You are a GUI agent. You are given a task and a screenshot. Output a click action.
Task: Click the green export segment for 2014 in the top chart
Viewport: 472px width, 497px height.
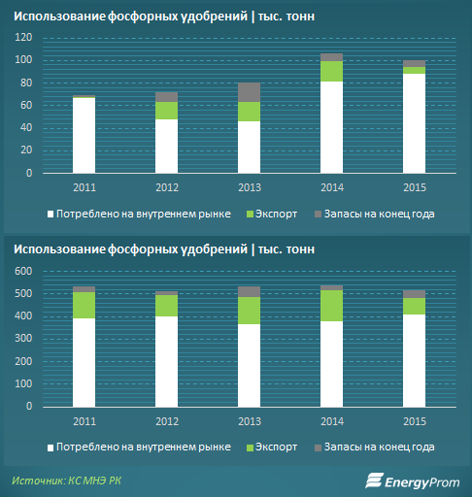click(x=331, y=71)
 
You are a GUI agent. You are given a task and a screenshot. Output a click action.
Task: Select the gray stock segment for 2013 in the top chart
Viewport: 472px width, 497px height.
click(x=249, y=92)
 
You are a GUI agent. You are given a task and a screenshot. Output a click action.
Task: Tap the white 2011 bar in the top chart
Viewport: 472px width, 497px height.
click(x=84, y=135)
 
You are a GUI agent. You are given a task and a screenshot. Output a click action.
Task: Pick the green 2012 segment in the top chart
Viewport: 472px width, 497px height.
click(x=166, y=111)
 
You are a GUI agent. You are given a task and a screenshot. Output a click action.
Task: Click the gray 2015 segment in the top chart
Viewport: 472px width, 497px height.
click(x=414, y=64)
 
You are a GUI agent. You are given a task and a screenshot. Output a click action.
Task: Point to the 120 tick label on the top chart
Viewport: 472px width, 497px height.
click(x=23, y=38)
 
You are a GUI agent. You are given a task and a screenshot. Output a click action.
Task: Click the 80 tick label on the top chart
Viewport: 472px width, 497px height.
click(x=26, y=83)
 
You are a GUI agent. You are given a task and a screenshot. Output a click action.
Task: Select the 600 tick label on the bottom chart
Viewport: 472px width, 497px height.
click(x=23, y=271)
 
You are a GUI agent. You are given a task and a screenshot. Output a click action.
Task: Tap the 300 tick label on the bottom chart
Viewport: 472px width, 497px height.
click(x=23, y=339)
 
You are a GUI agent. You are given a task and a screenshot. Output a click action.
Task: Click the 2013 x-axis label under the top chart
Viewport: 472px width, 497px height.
click(x=250, y=187)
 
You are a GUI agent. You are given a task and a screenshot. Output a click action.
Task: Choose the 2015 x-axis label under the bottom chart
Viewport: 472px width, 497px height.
click(x=415, y=421)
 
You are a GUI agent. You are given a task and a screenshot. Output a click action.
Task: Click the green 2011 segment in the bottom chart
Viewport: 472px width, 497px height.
click(x=84, y=306)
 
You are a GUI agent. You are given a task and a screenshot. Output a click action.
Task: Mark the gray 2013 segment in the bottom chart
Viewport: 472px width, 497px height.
click(x=249, y=292)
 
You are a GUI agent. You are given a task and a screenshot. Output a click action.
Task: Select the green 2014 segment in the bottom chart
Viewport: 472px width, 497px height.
click(x=331, y=306)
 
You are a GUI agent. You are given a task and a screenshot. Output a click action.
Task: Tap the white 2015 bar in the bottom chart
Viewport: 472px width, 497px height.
click(x=414, y=361)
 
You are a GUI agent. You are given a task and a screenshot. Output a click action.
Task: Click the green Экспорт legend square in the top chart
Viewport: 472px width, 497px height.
click(x=250, y=215)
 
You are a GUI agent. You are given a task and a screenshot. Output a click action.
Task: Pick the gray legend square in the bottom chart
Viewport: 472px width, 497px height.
click(x=318, y=447)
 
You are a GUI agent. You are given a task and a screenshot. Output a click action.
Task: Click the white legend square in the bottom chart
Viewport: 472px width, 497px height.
click(x=51, y=447)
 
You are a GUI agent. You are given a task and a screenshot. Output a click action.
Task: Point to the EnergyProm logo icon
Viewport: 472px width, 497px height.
click(x=374, y=480)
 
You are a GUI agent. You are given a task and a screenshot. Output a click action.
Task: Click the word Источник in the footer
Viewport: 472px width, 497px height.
click(x=38, y=480)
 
